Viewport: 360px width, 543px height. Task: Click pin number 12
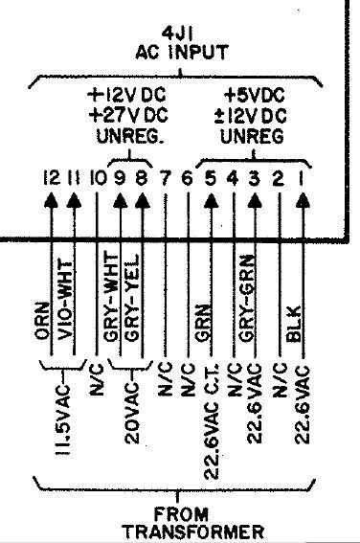[x=51, y=179]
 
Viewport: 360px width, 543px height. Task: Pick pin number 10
[x=96, y=179]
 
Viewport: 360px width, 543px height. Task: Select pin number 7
[x=165, y=179]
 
